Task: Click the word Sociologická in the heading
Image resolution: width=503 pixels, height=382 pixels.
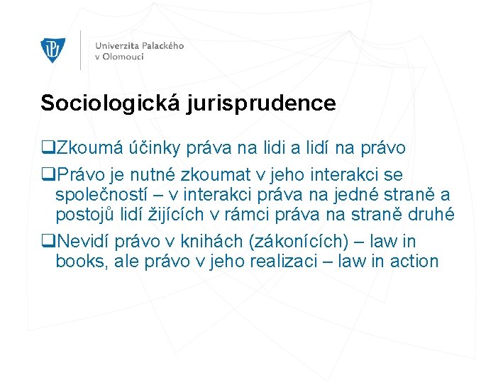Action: click(112, 103)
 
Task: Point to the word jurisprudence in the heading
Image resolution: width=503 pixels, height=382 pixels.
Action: click(262, 103)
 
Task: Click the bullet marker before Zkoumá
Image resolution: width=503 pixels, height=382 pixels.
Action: click(48, 148)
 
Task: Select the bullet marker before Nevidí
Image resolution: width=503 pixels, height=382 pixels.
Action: click(48, 240)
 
